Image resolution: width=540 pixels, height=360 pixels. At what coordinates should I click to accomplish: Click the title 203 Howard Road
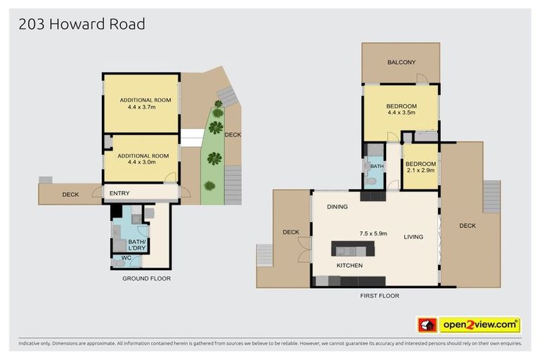coord(82,24)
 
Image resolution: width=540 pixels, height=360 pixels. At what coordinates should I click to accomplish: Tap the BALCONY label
coord(401,63)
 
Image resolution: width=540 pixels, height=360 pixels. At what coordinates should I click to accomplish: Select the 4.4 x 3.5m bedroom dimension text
coord(401,112)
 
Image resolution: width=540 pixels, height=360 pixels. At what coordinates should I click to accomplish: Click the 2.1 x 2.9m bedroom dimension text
coord(420,170)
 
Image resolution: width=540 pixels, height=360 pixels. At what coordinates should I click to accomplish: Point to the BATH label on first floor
coord(377,167)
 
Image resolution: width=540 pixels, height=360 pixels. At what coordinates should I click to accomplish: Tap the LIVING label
coord(413,237)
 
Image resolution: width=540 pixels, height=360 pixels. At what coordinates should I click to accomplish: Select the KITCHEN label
coord(349,266)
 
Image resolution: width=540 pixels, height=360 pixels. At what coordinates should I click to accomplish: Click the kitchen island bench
coord(350,250)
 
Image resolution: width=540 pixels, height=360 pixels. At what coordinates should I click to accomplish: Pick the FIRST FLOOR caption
coord(379,296)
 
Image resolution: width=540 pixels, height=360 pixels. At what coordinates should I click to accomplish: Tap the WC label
coord(127,258)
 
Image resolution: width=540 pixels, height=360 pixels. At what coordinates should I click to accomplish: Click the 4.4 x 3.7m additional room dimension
coord(141,108)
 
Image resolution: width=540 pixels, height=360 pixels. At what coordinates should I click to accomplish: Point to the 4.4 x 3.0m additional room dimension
coord(141,162)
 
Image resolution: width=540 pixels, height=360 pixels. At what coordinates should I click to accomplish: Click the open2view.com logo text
coord(480,325)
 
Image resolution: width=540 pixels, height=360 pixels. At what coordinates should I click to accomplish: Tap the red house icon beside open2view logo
coord(427,325)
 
